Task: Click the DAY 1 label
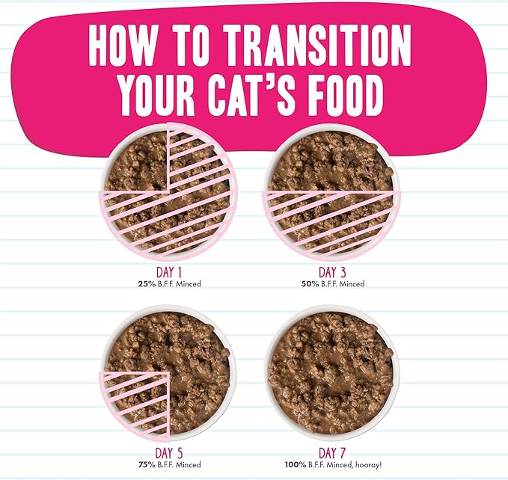pyautogui.click(x=168, y=272)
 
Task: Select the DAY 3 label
pyautogui.click(x=331, y=272)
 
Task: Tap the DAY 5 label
pyautogui.click(x=168, y=453)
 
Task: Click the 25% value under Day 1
pyautogui.click(x=145, y=284)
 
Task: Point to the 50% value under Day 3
pyautogui.click(x=308, y=284)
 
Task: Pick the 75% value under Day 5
pyautogui.click(x=145, y=464)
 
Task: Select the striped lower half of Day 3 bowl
pyautogui.click(x=331, y=221)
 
